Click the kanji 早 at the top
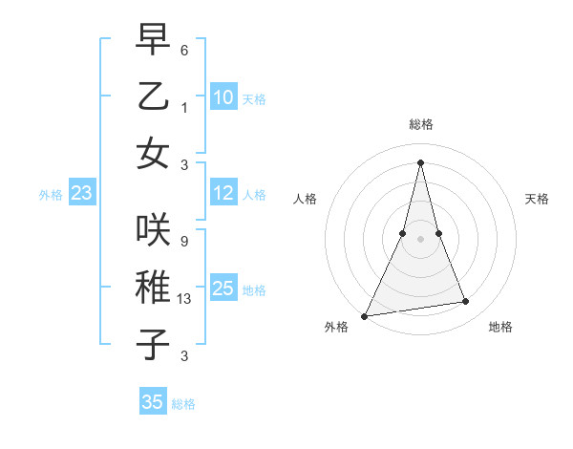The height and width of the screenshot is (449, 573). (x=153, y=40)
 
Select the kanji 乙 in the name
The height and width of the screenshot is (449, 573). (x=153, y=96)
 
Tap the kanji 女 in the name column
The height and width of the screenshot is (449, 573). (x=153, y=152)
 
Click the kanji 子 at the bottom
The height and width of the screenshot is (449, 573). (x=153, y=344)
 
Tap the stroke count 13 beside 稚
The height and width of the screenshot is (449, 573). (x=185, y=299)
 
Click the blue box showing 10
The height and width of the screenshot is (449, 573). (x=223, y=97)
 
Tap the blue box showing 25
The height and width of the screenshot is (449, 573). (x=223, y=289)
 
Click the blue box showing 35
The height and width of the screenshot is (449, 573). (x=153, y=402)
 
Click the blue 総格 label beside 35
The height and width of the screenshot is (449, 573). (x=183, y=404)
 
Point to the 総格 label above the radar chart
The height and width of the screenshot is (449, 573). (x=420, y=125)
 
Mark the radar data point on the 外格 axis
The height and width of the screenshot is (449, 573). (x=365, y=316)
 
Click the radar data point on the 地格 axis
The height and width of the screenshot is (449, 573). (x=466, y=302)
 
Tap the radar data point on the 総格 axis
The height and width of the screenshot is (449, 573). (x=420, y=161)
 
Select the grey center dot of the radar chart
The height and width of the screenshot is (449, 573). (x=420, y=238)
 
